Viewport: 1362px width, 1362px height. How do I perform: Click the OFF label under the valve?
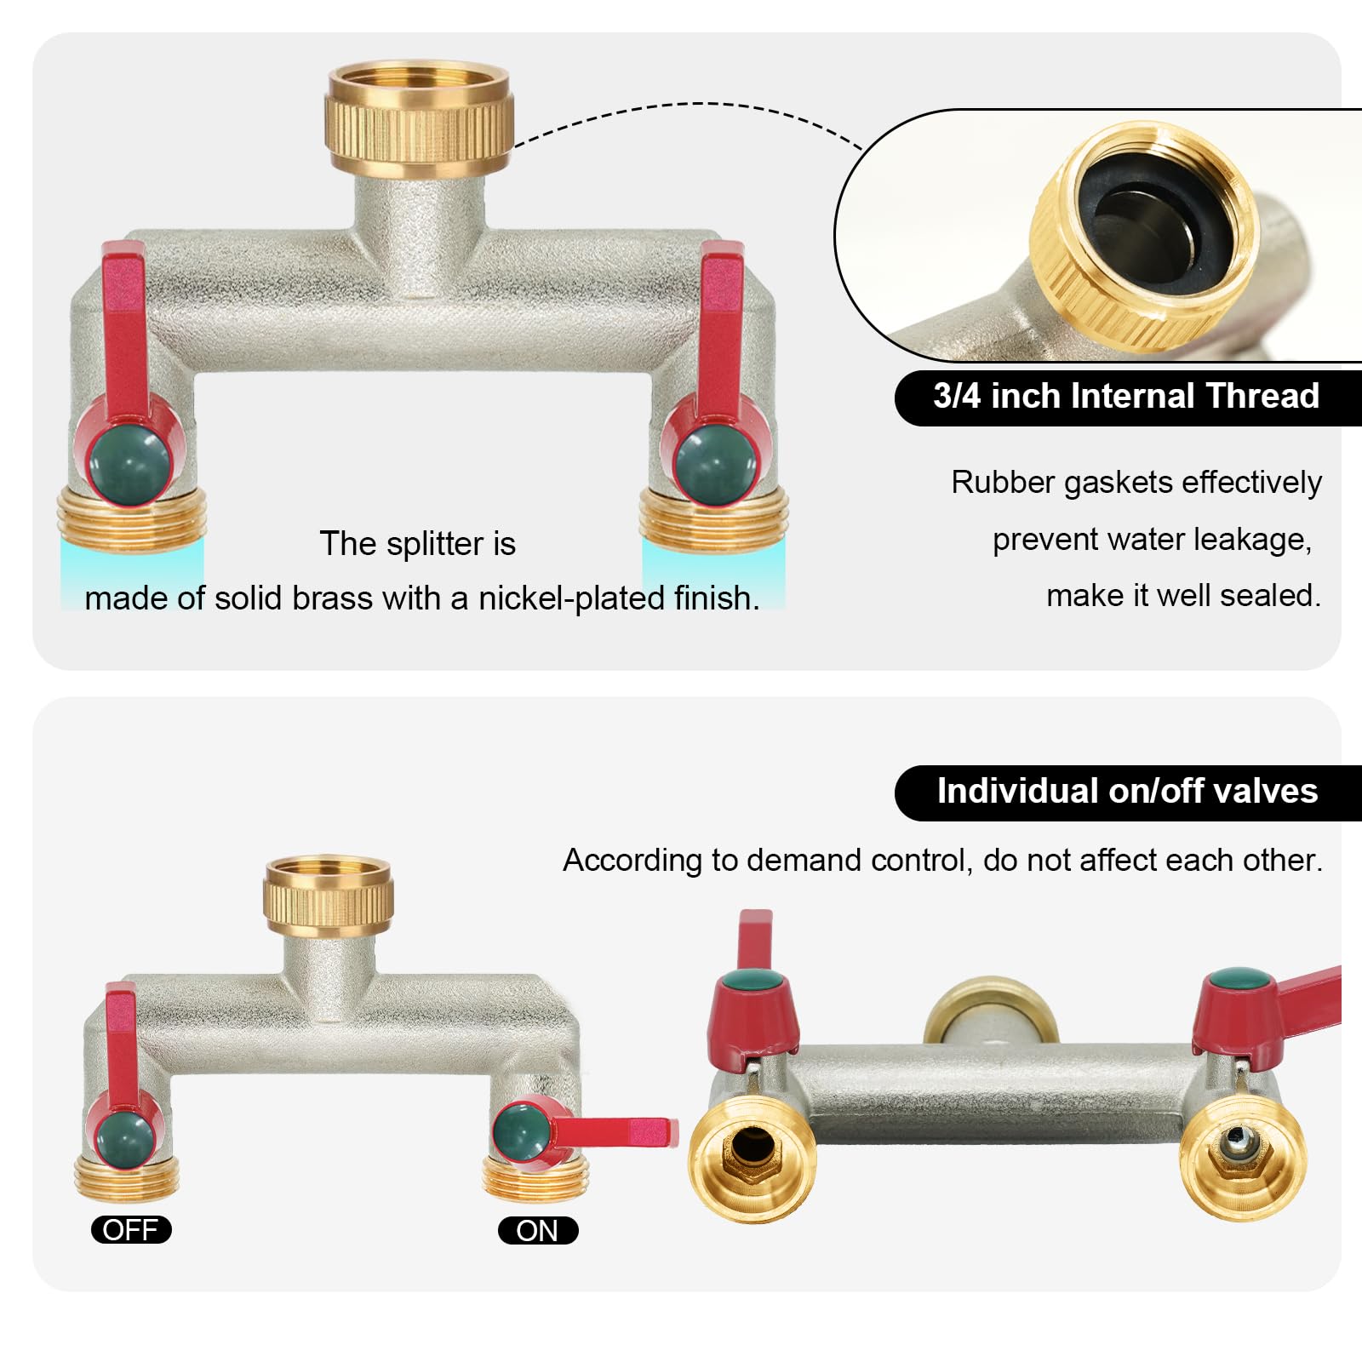point(131,1229)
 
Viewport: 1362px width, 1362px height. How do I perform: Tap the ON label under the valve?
point(538,1230)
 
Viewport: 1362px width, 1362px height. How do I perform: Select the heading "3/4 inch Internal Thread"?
point(1126,396)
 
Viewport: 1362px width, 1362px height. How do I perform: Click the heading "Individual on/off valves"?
point(1127,791)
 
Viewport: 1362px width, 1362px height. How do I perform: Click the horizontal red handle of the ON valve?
point(615,1134)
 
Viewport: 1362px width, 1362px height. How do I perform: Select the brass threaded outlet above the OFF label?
point(124,1176)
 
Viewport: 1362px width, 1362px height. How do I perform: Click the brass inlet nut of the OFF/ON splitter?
point(328,896)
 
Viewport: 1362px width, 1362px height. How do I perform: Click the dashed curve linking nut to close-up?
point(691,104)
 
